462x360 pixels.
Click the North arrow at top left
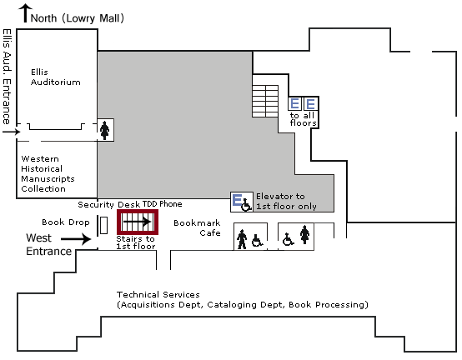click(x=26, y=13)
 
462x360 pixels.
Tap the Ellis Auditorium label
click(x=55, y=77)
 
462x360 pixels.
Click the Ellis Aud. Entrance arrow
click(x=11, y=132)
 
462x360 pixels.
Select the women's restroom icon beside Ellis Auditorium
click(x=105, y=130)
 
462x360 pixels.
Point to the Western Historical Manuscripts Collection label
click(x=48, y=173)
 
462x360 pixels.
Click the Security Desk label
click(x=96, y=204)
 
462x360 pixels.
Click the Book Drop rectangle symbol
click(x=103, y=225)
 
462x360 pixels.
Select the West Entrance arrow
click(x=76, y=238)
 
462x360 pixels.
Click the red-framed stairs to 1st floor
click(x=138, y=222)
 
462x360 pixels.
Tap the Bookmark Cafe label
click(x=197, y=227)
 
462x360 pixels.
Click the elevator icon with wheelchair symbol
click(x=242, y=202)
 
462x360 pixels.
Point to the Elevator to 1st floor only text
click(x=286, y=202)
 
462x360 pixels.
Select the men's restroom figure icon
click(x=242, y=239)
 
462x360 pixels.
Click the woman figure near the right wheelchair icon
click(x=305, y=235)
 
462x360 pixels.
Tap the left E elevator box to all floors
click(x=294, y=104)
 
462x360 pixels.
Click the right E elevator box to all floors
click(x=311, y=104)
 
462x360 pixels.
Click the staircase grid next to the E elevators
click(x=265, y=102)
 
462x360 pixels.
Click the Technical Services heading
click(x=158, y=295)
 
